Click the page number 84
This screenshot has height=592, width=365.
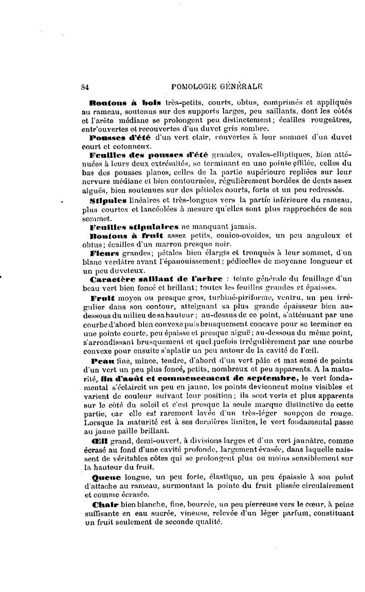[x=86, y=87]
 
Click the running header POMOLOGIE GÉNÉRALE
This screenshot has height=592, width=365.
[x=217, y=87]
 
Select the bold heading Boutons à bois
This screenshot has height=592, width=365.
[x=125, y=102]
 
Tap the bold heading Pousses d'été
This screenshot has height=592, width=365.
[x=121, y=138]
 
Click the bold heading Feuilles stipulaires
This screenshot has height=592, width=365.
[x=134, y=226]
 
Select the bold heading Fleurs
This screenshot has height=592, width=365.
[x=104, y=253]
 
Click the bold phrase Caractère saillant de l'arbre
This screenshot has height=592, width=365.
[x=156, y=279]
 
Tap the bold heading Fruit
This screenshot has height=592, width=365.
[x=102, y=298]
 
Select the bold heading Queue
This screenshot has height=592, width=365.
[x=106, y=478]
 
